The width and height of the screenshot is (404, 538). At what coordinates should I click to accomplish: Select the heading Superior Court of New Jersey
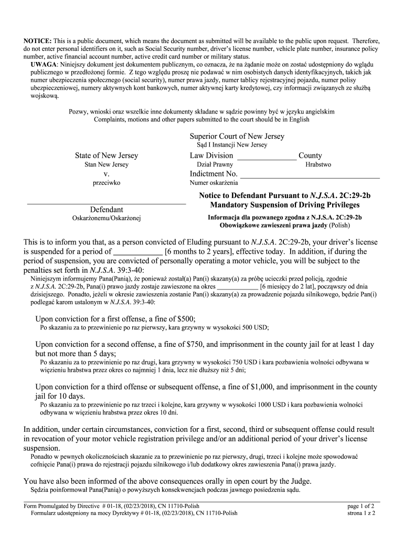[x=237, y=136]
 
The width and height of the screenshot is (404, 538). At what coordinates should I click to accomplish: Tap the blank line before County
[x=267, y=156]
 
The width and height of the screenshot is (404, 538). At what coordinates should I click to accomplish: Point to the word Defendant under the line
[x=107, y=209]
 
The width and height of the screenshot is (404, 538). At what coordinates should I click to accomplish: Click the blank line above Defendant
[x=107, y=202]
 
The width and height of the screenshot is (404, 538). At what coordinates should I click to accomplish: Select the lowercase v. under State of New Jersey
[x=107, y=174]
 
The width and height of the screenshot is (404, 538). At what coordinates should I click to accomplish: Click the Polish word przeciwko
[x=107, y=183]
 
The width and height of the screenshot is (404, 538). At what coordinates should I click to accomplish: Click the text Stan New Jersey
[x=107, y=164]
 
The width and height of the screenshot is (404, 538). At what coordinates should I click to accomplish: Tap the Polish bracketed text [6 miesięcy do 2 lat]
[x=294, y=287]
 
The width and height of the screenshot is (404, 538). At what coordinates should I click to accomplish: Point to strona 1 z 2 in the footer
[x=361, y=513]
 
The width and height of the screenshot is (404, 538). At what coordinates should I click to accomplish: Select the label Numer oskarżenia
[x=214, y=183]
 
